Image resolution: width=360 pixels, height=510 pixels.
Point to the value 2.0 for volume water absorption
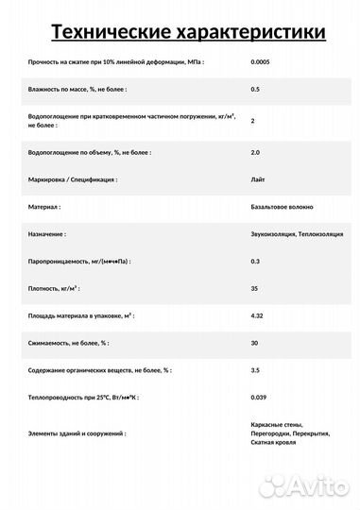coord(255,151)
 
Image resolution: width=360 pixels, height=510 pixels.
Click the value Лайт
coord(258,178)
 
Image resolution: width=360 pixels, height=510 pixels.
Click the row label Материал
coord(45,206)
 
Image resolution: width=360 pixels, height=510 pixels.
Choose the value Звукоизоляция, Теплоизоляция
coord(297,232)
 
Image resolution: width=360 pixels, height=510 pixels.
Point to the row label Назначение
coord(48,232)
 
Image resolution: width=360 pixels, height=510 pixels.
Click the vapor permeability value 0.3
coord(255,260)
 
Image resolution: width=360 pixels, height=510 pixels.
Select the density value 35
coord(254,287)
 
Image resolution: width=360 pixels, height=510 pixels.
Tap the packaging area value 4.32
coord(257,314)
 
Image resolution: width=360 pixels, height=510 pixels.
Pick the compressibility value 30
coord(254,342)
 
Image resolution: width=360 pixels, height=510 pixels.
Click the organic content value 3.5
coord(255,369)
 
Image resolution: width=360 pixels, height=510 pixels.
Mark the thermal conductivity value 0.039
coord(260,397)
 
